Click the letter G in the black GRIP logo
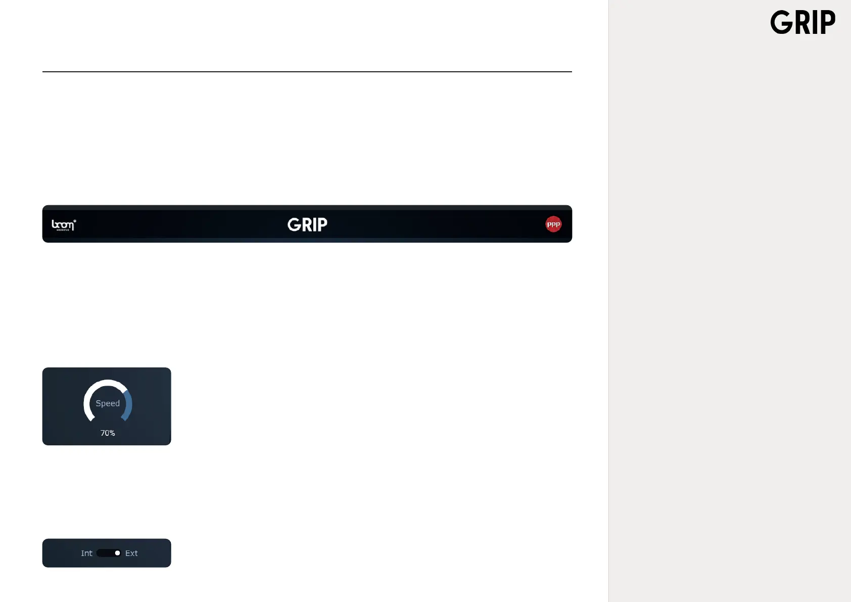[x=781, y=23]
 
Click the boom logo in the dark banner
[x=64, y=224]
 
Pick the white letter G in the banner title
[x=294, y=224]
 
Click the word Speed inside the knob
[x=108, y=403]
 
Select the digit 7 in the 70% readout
[x=103, y=433]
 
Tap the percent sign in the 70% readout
[x=112, y=433]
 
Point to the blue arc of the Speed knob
[x=129, y=404]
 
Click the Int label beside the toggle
[x=86, y=553]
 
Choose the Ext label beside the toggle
[x=131, y=553]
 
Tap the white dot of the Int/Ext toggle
[x=117, y=553]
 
